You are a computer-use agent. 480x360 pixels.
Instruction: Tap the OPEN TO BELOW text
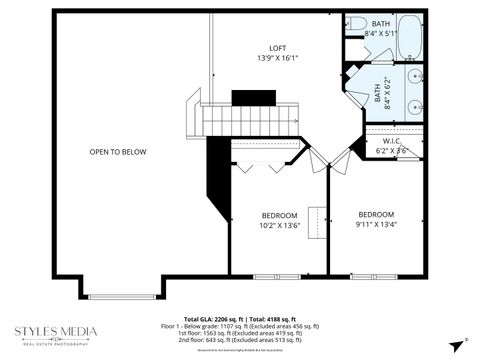tap(118, 152)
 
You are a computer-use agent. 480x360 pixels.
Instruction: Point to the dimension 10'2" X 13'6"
tap(280, 227)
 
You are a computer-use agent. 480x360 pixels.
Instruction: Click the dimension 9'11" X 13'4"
tap(376, 225)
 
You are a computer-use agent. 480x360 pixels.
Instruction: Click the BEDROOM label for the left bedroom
tap(280, 216)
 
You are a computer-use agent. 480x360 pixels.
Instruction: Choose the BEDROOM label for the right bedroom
tap(376, 214)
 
